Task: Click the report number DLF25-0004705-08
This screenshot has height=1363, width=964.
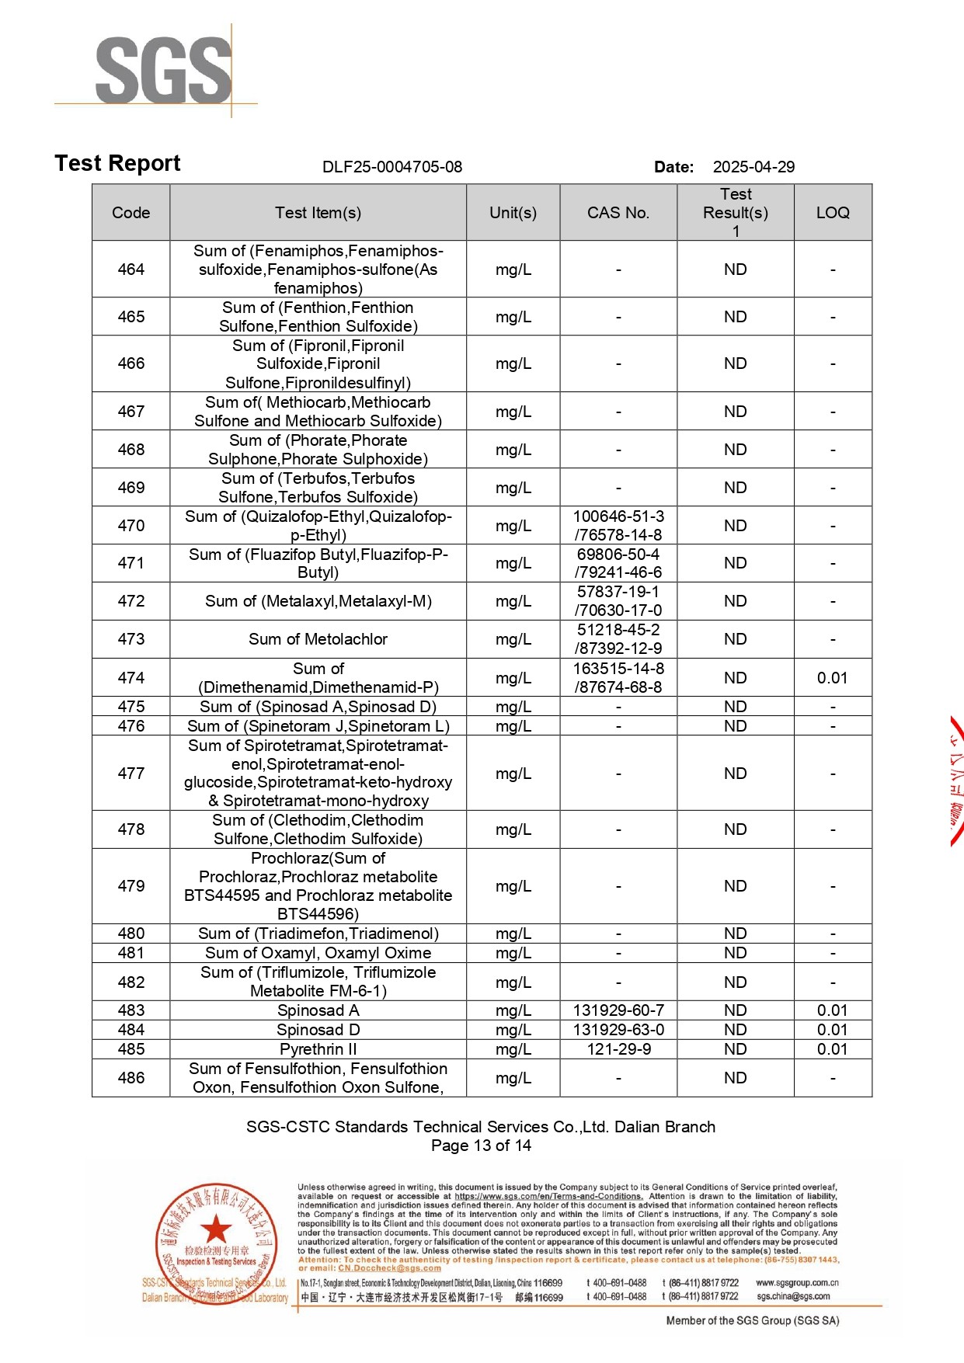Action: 392,167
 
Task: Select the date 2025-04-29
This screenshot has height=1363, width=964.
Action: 753,167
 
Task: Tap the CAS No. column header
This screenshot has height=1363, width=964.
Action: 618,213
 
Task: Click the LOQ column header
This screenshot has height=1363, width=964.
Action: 833,213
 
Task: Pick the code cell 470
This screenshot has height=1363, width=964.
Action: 131,526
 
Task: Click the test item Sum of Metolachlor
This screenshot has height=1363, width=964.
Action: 318,639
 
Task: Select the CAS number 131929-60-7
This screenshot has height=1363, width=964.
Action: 618,1010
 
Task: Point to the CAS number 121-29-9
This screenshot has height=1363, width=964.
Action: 618,1049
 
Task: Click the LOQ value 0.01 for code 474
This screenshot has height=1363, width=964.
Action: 832,678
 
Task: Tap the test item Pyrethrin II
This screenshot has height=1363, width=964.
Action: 318,1049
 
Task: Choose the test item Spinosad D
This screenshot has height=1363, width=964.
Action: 318,1030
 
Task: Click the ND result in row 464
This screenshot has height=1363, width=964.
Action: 735,269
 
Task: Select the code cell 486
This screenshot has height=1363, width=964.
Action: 131,1078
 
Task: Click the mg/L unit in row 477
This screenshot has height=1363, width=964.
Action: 513,774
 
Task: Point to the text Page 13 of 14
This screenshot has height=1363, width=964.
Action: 481,1146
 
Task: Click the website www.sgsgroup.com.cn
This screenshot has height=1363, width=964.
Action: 797,1283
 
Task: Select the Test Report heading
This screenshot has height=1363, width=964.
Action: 117,163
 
